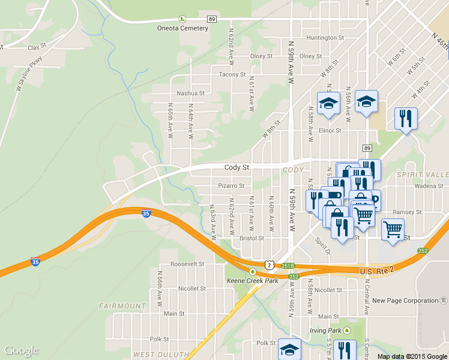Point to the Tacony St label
coord(233,74)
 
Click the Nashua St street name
coord(191,94)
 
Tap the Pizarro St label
coord(231,186)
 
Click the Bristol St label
coord(251,238)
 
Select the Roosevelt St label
coord(187,264)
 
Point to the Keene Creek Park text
coord(252,281)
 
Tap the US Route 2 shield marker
coord(270,264)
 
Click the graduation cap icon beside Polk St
coord(289,349)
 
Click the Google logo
coord(21,350)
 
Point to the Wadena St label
coord(429,186)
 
